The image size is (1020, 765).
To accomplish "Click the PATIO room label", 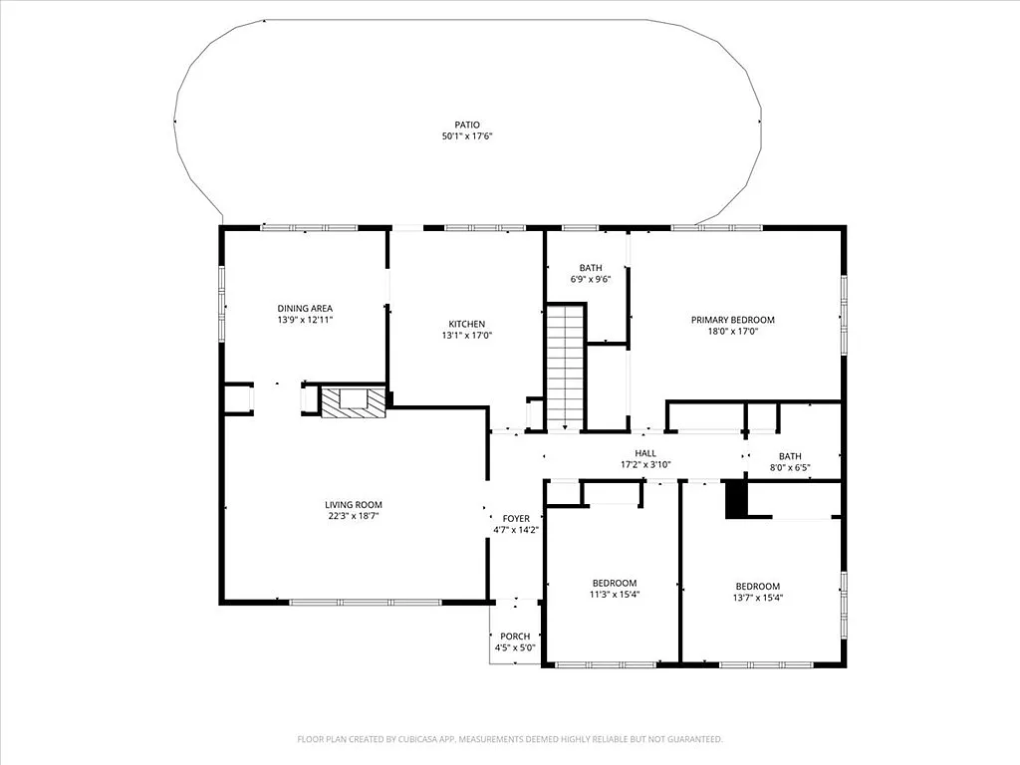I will tap(467, 125).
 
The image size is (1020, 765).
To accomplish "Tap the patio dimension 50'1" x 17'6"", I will tap(467, 136).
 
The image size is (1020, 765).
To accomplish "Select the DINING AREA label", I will tap(305, 308).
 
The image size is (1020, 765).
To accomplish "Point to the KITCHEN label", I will tap(466, 324).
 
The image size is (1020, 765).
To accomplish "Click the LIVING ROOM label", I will tap(353, 505).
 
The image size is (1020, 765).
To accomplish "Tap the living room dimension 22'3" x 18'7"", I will tap(353, 517).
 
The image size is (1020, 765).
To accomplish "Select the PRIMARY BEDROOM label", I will tap(732, 320).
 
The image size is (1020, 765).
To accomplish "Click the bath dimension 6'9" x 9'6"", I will tap(591, 280).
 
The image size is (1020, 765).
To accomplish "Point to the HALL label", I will tap(645, 453).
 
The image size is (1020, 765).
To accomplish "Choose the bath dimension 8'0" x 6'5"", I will tap(790, 468).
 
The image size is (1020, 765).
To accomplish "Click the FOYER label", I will tap(516, 519).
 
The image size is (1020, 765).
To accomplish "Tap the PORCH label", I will tap(515, 637).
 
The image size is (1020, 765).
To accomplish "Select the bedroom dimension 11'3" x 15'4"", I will tap(615, 595).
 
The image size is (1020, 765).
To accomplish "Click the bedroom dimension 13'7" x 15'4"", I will tap(757, 598).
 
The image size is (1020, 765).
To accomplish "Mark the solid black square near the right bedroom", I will tap(735, 499).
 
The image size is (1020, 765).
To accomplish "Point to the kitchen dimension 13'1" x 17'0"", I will tap(466, 336).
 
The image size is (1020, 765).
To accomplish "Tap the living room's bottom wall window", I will tap(365, 602).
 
